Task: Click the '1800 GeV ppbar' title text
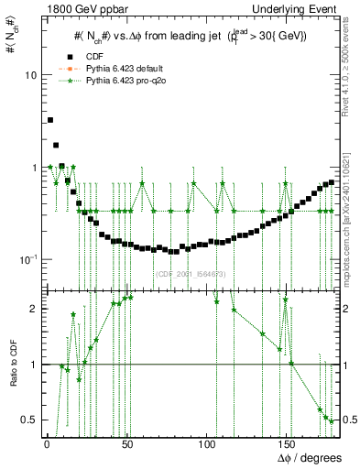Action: pyautogui.click(x=80, y=9)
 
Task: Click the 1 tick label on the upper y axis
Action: pyautogui.click(x=35, y=168)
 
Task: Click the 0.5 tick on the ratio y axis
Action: pyautogui.click(x=30, y=420)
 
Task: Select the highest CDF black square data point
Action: pyautogui.click(x=50, y=120)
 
